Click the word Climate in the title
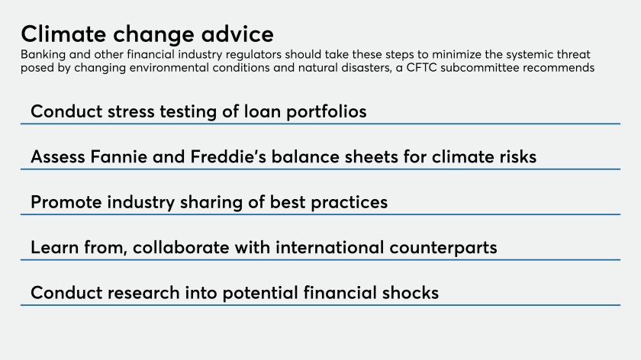pyautogui.click(x=64, y=34)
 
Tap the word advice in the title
pyautogui.click(x=237, y=34)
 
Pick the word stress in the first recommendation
pyautogui.click(x=130, y=111)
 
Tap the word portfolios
pyautogui.click(x=327, y=112)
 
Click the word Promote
pyautogui.click(x=66, y=202)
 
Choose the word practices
pyautogui.click(x=349, y=203)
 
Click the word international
pyautogui.click(x=330, y=248)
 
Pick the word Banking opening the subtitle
pyautogui.click(x=43, y=55)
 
